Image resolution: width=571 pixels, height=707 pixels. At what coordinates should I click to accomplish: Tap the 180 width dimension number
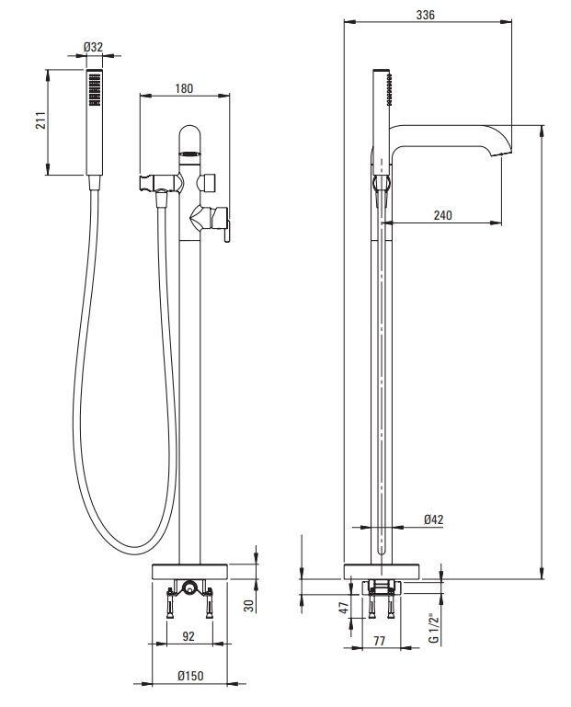pyautogui.click(x=185, y=88)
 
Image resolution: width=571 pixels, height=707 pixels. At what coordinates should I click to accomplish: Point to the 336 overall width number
pyautogui.click(x=426, y=15)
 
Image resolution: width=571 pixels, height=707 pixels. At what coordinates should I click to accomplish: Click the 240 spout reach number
pyautogui.click(x=443, y=214)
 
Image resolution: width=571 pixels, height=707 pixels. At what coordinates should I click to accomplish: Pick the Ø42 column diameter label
pyautogui.click(x=434, y=519)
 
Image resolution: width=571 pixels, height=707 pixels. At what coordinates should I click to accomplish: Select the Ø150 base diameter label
pyautogui.click(x=190, y=676)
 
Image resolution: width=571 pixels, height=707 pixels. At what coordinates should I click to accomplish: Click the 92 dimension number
pyautogui.click(x=188, y=633)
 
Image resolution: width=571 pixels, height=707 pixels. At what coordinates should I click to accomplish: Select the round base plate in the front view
pyautogui.click(x=190, y=571)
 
